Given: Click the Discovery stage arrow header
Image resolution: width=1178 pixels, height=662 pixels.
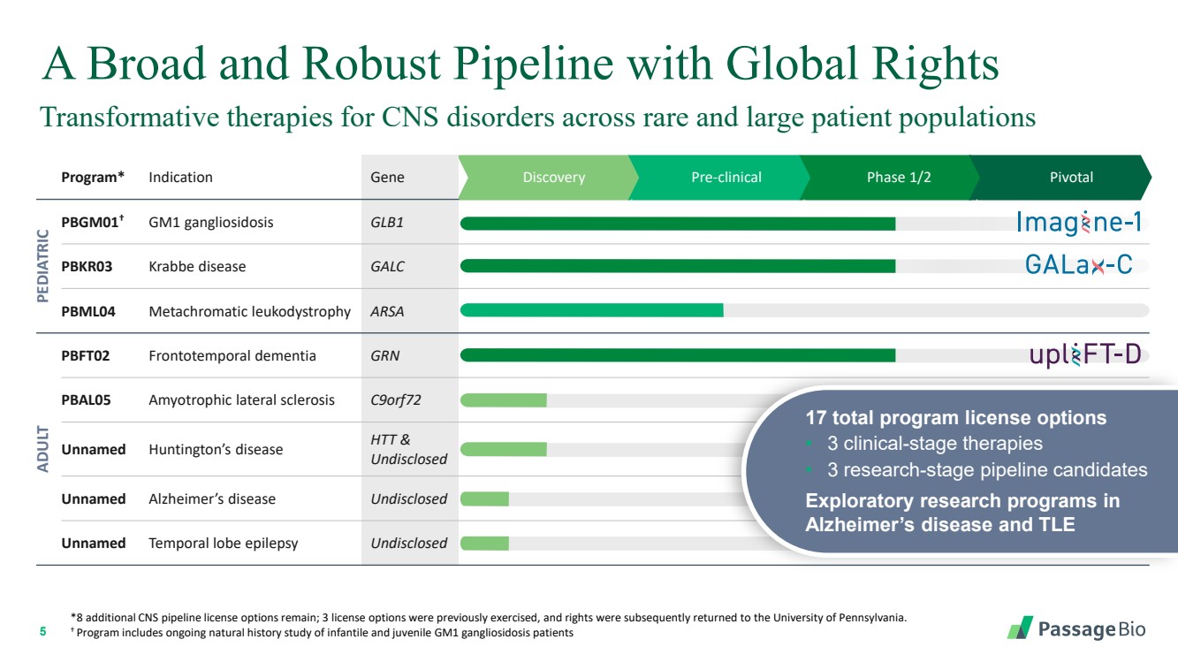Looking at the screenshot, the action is pos(549,177).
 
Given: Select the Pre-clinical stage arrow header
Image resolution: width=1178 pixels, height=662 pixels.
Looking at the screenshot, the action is pos(720,177).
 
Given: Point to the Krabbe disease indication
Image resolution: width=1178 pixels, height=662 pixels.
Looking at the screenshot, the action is pos(197,267).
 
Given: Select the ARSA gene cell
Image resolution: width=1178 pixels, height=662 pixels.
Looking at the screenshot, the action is pos(387,311).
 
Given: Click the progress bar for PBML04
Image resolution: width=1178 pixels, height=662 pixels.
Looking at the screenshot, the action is pos(591,310).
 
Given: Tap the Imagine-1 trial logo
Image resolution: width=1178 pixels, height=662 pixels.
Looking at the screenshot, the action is pos(1079,222).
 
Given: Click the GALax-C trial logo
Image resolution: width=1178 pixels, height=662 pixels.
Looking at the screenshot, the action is pos(1079,264).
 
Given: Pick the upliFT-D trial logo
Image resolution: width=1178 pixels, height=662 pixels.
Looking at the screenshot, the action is pos(1085,354).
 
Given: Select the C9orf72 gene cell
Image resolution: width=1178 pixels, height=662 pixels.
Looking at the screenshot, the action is pos(396,400).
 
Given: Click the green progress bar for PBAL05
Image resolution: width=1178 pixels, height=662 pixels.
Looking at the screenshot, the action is pos(504,400).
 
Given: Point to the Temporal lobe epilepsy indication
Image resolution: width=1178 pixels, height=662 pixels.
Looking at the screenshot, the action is pos(224,544).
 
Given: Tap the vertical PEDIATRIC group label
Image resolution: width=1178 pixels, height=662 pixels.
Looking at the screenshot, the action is pos(42,266).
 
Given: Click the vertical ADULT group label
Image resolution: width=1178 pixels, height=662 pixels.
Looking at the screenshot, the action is pos(42,449).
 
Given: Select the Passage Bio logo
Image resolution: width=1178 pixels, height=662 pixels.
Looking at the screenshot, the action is pos(1076,628).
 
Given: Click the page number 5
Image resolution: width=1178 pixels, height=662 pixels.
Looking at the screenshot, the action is pos(43,631).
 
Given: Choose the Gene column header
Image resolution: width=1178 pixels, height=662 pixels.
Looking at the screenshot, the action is pos(388,177).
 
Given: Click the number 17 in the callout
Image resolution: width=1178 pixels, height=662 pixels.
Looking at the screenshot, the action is pos(816,418).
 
